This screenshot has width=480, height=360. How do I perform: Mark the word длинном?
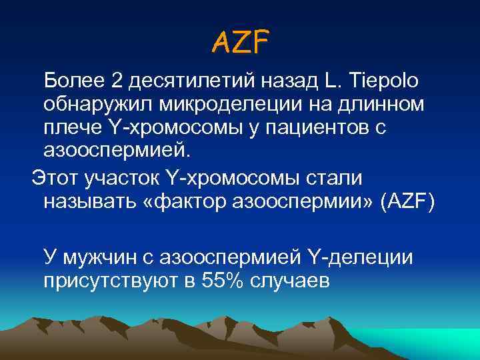tap(377, 105)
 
